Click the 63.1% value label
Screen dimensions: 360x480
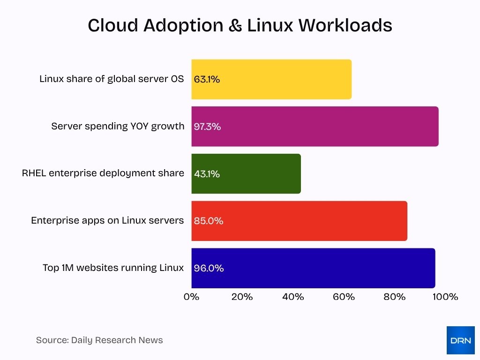coord(207,79)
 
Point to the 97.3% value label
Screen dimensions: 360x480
coord(207,127)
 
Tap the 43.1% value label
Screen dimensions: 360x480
coord(207,174)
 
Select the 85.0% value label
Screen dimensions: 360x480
coord(208,221)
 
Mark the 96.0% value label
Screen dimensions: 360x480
coord(209,268)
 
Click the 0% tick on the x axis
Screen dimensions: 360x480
coord(191,297)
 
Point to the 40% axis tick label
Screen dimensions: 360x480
coord(293,297)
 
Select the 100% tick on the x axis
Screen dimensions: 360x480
coord(445,297)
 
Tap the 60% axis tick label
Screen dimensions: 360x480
coord(344,297)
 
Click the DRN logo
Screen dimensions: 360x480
coord(460,340)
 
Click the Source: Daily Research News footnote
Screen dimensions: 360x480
coord(99,340)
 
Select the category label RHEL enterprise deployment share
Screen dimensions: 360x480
coord(103,173)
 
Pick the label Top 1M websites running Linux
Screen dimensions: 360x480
coord(113,268)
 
